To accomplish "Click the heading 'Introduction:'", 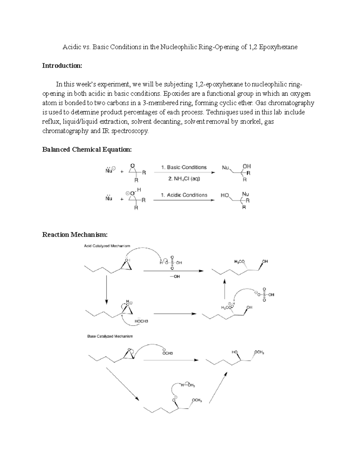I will pos(62,66).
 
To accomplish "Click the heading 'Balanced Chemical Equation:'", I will pos(87,149).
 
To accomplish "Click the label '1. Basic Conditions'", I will pos(184,167).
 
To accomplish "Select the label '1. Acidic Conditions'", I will pos(184,195).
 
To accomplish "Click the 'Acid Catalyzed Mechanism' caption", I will pos(107,246).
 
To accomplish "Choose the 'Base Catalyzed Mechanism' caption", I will pos(110,336).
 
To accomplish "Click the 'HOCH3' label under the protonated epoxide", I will pos(141,321).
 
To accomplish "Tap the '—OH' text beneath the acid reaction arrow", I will pos(175,277).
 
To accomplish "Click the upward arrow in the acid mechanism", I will pos(224,289).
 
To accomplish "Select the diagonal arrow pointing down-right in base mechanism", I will pos(123,384).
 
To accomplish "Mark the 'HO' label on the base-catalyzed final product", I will pos(234,352).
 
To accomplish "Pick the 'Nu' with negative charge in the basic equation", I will pos(109,171).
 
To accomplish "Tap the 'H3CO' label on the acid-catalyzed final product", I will pos(239,262).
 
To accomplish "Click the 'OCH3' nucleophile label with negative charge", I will pos(167,353).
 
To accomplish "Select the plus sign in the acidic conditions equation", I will pos(122,199).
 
